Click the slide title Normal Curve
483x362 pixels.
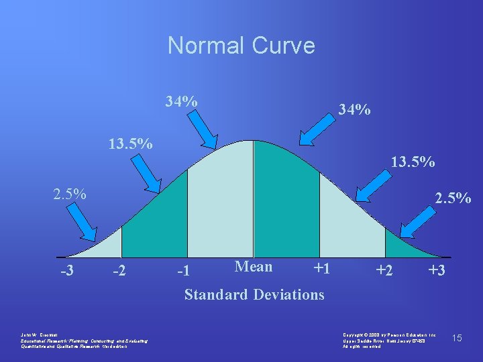(241, 46)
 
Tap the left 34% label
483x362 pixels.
(182, 101)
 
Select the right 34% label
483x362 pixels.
(354, 109)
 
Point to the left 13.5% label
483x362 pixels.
(131, 144)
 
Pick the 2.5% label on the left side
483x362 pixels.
(70, 195)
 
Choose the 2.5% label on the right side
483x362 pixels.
(453, 199)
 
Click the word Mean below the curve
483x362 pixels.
(254, 267)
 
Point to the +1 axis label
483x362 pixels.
(321, 269)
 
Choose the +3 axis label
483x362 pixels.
(437, 271)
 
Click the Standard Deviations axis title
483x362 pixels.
(254, 294)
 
